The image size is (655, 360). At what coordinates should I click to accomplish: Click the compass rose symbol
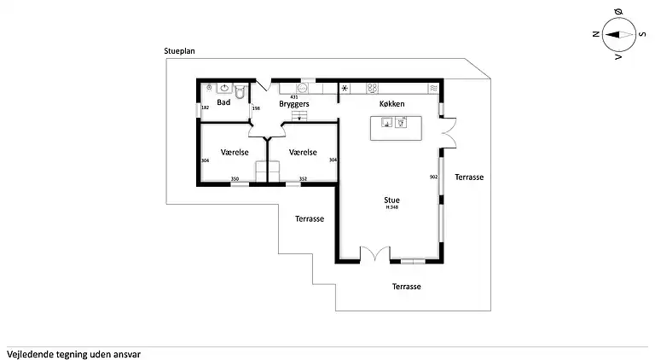point(618,35)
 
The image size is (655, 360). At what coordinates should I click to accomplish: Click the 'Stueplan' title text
point(179,51)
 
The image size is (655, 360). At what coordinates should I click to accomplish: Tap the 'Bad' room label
point(223,102)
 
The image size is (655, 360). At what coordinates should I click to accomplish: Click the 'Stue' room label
point(391,200)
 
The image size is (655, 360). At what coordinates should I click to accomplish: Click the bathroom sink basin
point(225,87)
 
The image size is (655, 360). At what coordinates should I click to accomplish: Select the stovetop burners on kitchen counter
point(374,87)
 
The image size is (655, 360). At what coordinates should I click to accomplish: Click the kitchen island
point(396,128)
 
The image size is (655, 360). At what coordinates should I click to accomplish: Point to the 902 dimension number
point(434,177)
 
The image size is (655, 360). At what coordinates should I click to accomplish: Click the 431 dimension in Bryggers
point(294,96)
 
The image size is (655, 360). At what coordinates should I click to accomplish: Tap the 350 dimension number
point(235,179)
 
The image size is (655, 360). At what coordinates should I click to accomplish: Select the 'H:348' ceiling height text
point(391,207)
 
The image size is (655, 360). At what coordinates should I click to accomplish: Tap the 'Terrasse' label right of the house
point(469,177)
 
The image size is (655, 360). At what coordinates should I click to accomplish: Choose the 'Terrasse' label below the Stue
point(407,287)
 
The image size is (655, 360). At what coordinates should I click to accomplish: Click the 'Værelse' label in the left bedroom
point(234,153)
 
